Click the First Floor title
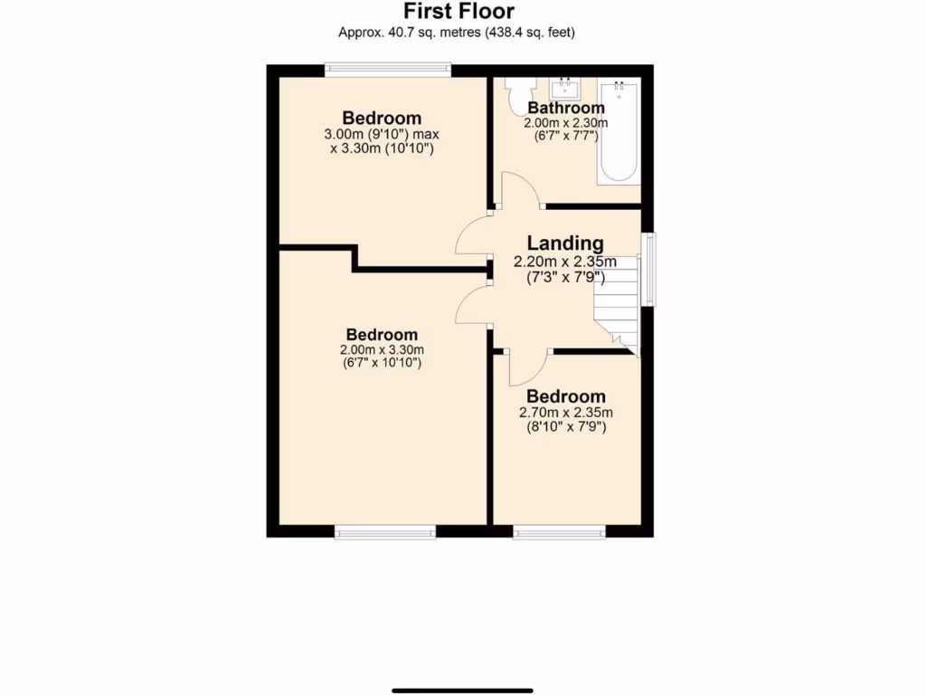458,11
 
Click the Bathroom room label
566,108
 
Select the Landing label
565,243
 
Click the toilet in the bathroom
523,97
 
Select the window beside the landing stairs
648,270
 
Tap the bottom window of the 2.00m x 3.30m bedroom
385,533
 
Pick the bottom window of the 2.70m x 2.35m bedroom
560,533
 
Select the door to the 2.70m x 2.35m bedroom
527,367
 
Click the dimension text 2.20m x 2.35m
565,262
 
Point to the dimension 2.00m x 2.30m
566,123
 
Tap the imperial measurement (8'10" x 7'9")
566,425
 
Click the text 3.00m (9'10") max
381,135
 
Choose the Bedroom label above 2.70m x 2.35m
566,396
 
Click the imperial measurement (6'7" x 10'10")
381,363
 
